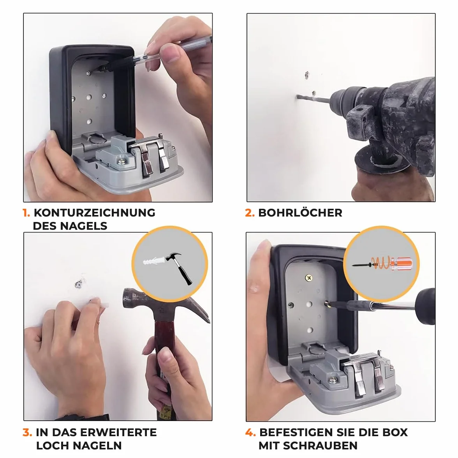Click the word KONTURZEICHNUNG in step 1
coord(94,213)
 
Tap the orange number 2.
coord(250,213)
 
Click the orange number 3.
coord(27,432)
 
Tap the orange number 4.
coord(250,432)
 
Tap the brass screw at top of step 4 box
coord(308,278)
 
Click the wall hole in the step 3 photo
coord(78,284)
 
